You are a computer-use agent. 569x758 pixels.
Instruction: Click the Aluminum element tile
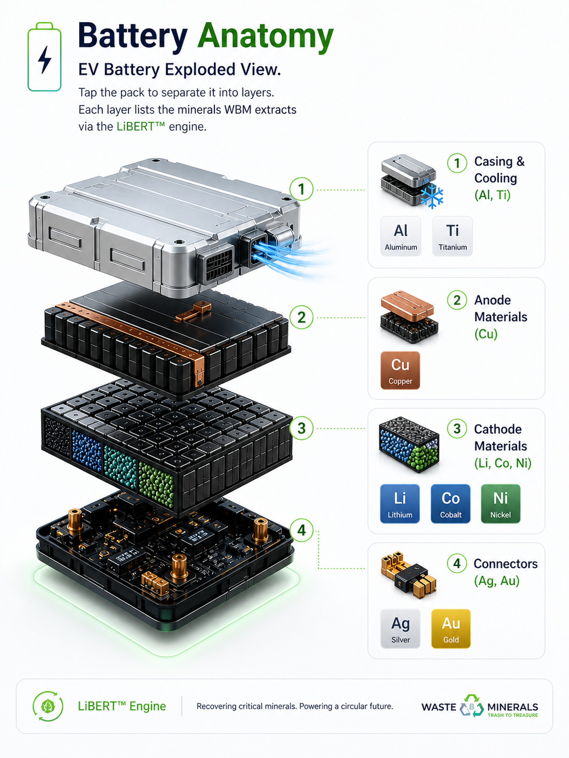(x=401, y=236)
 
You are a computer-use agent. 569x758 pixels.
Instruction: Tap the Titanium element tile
(x=453, y=236)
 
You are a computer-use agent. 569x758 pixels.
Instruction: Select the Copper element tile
(x=400, y=371)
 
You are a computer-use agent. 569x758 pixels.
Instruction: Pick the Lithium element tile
(x=400, y=504)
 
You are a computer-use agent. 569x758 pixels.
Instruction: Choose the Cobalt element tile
(x=451, y=504)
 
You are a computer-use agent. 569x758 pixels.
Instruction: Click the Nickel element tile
(x=500, y=504)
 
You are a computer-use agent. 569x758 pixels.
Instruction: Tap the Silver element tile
(x=400, y=629)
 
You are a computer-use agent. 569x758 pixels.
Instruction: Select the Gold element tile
(x=451, y=629)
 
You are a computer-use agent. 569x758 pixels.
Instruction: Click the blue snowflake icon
(x=432, y=196)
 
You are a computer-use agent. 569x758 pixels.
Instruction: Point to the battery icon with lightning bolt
(x=45, y=57)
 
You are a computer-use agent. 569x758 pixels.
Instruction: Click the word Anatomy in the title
(x=266, y=37)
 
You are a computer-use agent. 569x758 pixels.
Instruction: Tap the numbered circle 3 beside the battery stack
(x=302, y=428)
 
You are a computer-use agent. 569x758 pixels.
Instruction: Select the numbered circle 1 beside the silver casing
(x=302, y=189)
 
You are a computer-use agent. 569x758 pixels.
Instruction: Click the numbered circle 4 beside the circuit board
(x=302, y=530)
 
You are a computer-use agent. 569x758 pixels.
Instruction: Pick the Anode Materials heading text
(x=500, y=308)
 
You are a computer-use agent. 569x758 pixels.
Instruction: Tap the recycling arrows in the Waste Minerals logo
(x=472, y=706)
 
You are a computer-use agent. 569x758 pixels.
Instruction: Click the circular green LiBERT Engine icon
(x=48, y=706)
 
